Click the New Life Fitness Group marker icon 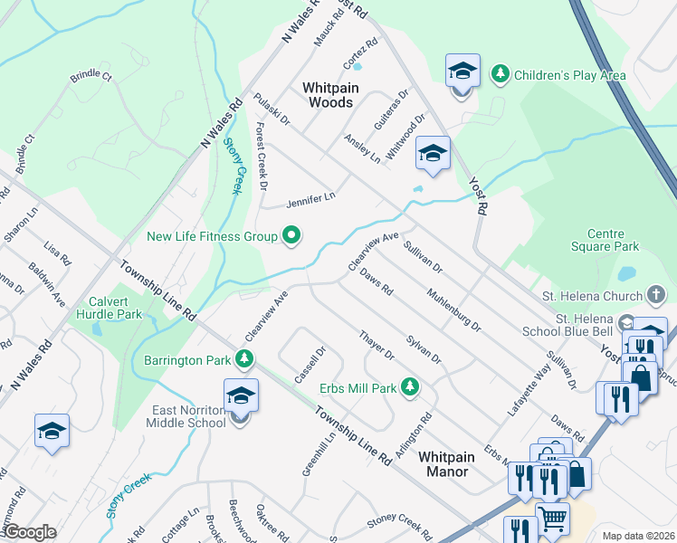coord(291,237)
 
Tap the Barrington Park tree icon coord(243,360)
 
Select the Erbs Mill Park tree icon coord(410,387)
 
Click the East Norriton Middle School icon coord(241,397)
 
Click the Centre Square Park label coord(605,239)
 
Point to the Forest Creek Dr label coord(262,157)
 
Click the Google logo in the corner coord(30,532)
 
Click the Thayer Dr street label coord(377,345)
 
